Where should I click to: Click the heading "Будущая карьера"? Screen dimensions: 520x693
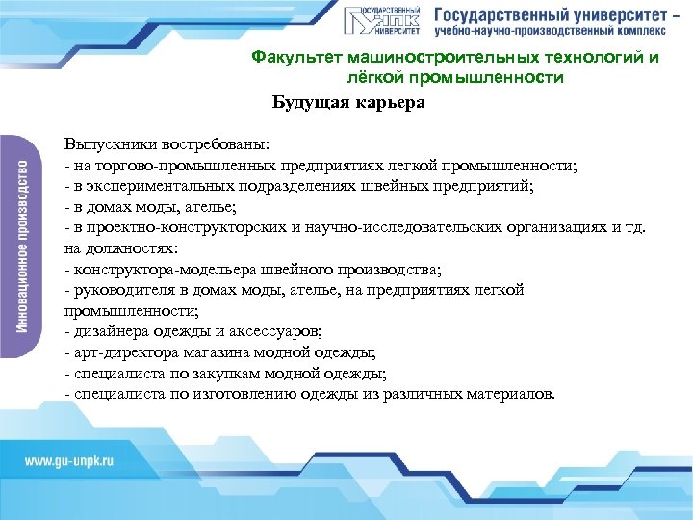point(347,102)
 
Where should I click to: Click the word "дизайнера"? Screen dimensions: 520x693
point(108,332)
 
